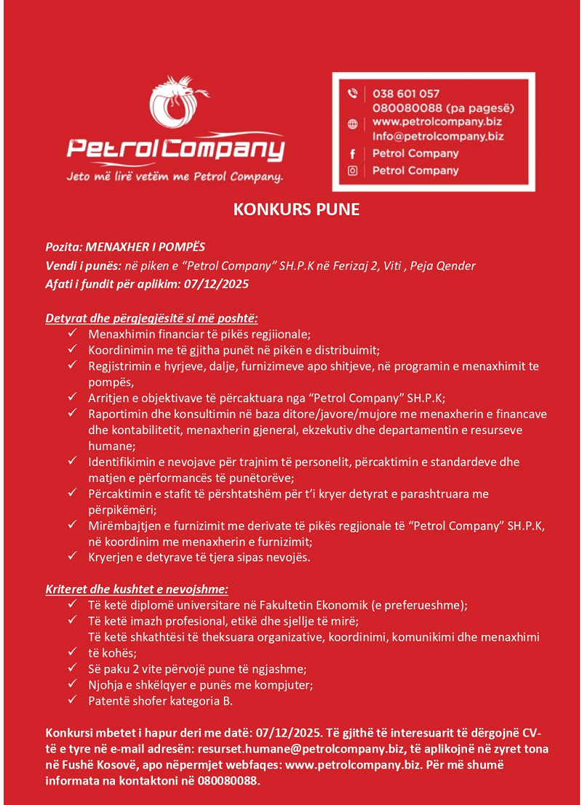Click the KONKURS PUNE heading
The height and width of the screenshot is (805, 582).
pos(296,210)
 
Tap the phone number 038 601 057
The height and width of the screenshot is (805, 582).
pos(406,94)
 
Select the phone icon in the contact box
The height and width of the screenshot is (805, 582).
pos(353,93)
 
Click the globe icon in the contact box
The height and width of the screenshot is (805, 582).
pos(353,124)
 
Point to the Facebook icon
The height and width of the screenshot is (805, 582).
pos(353,153)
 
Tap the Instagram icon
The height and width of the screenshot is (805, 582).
pos(353,170)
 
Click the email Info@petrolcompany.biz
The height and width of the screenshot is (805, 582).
pos(438,136)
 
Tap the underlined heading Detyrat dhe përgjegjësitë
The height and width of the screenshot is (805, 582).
pos(151,319)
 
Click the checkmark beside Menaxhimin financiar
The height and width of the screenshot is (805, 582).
pos(73,334)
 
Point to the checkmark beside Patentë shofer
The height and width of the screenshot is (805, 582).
pos(73,700)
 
